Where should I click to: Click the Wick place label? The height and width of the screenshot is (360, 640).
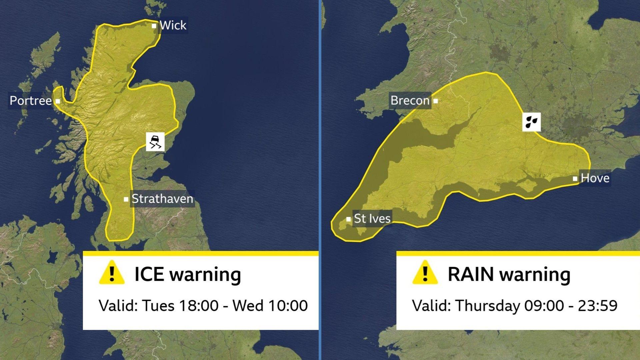coord(173,25)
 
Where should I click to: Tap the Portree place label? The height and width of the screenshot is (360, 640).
coord(31,101)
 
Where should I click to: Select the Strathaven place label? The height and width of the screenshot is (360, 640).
coord(162,199)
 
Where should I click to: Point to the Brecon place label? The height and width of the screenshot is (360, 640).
coord(410,100)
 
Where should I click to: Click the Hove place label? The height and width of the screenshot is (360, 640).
coord(595,178)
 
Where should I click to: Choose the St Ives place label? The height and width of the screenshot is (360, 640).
coord(372,219)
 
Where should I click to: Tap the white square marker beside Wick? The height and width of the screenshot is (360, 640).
coord(154,26)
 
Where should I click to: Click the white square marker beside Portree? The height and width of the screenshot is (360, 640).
coord(58,101)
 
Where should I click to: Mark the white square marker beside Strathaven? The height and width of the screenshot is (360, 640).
coord(126,199)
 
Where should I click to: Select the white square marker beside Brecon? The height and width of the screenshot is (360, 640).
coord(435,101)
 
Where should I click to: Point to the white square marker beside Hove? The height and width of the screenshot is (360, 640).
coord(575,179)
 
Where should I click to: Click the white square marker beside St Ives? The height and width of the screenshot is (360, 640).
coord(348,219)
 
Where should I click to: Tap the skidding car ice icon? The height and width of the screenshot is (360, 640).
coord(155,142)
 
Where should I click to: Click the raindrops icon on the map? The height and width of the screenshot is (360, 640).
coord(531,122)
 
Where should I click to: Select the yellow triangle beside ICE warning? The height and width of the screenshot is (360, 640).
coord(112,273)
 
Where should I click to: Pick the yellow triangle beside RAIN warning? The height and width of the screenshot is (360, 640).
coord(425,273)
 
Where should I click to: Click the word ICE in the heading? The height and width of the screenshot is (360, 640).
coord(149,274)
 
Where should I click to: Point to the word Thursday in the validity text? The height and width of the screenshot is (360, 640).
coord(488,306)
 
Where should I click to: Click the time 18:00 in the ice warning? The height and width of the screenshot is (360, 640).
coord(199,306)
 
